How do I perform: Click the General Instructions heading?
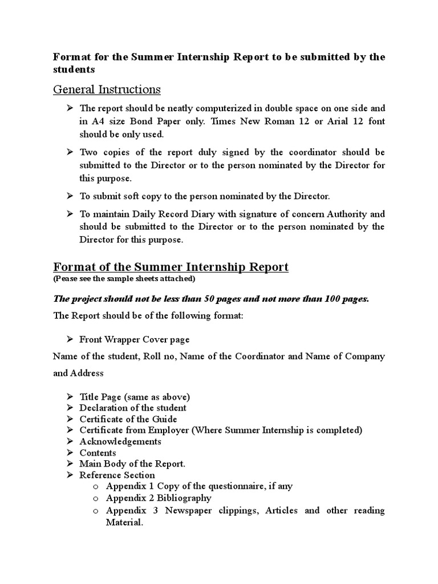pos(107,90)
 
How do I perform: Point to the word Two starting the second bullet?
pos(90,153)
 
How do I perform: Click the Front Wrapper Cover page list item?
pos(134,339)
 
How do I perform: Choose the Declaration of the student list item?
pos(133,408)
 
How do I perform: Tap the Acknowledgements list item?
pos(120,441)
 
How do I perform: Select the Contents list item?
pos(98,453)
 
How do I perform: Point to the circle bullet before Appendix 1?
pos(95,486)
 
